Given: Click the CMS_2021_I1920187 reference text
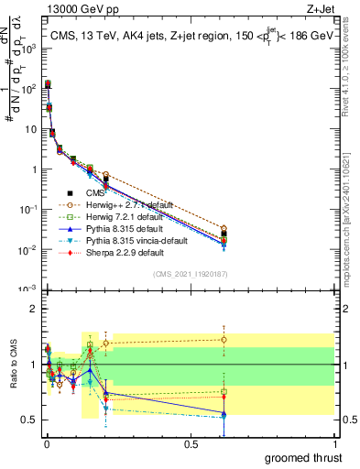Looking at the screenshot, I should tap(190, 275).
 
